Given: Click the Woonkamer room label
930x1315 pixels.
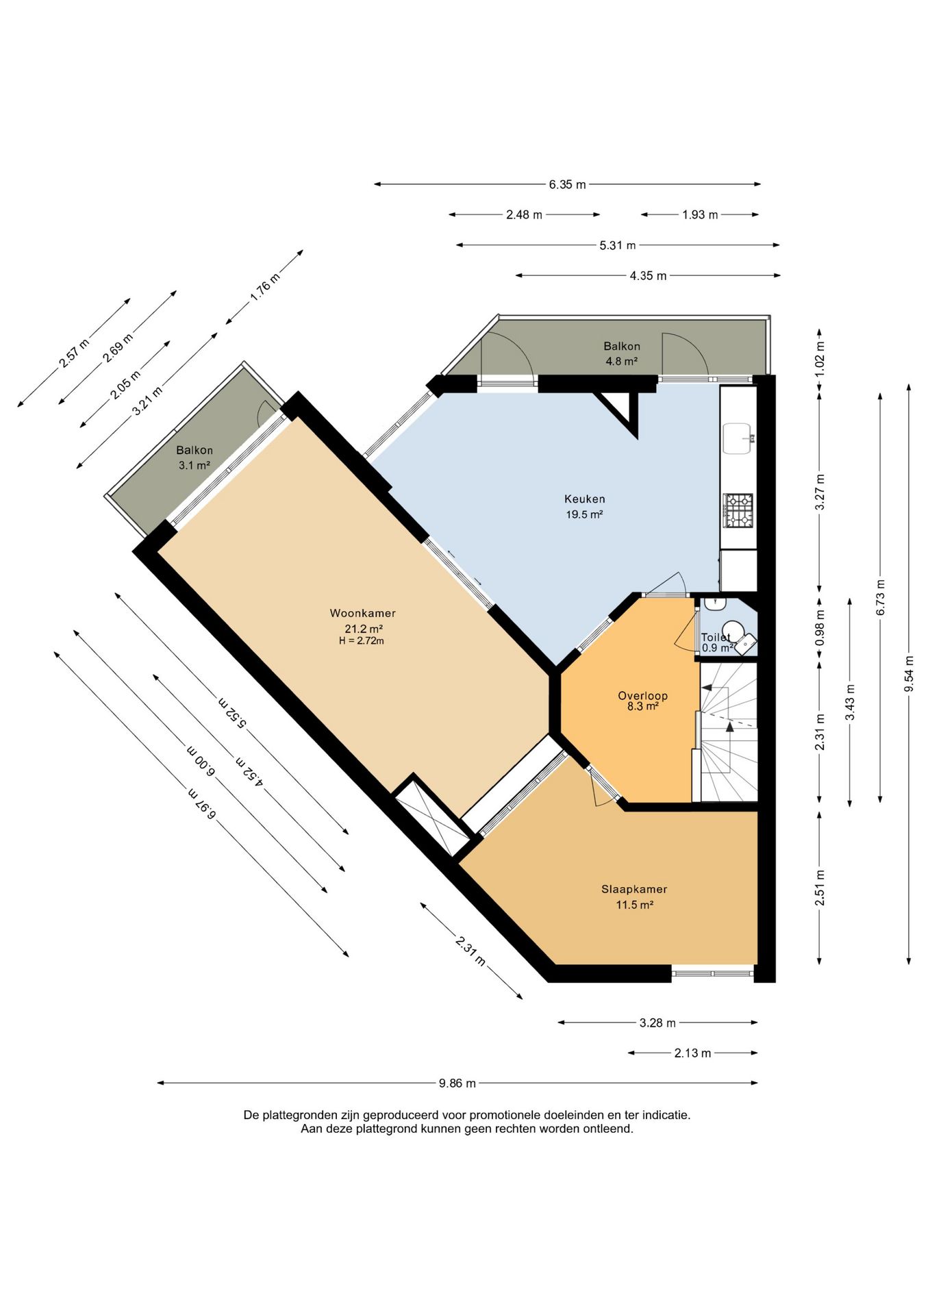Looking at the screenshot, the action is point(362,613).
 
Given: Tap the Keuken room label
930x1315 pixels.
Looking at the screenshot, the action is point(584,499).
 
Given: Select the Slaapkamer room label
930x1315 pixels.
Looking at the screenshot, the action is point(634,889).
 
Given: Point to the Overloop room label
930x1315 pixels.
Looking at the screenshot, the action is point(642,695).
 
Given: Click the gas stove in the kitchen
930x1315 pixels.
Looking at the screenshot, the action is point(738,510).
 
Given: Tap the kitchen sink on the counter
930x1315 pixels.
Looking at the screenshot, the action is point(739,438).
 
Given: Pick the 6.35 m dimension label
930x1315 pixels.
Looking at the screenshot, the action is point(567,184).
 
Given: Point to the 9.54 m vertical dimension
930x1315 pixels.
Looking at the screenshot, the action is point(909,674).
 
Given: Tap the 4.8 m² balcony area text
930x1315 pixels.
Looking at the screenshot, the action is point(622,361).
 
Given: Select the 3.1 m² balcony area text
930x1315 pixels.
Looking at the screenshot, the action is point(194,465).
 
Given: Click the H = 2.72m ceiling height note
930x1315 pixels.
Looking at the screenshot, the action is point(362,641).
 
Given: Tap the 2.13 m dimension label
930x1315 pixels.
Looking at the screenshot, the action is point(692,1053).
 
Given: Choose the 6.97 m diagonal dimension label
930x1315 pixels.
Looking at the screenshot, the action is point(203,804).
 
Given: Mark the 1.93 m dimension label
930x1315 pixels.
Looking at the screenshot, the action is point(700,214).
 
